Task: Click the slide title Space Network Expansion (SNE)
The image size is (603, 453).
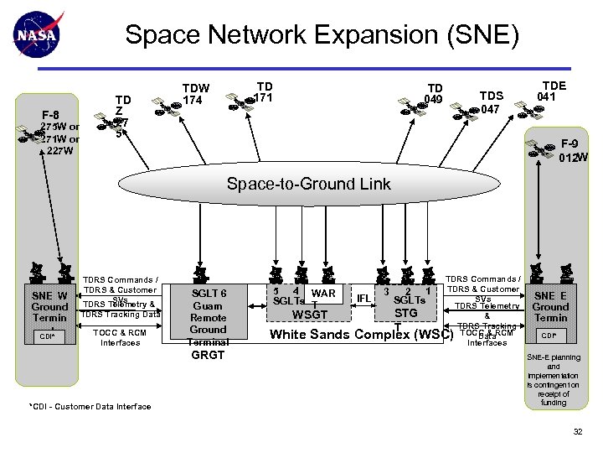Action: coord(322,35)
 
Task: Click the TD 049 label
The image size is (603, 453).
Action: coord(435,93)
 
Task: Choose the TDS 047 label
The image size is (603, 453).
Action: coord(490,102)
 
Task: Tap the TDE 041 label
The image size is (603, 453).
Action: coord(554,90)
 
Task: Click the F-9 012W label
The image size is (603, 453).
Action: coord(574,150)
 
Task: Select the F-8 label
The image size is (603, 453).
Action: coord(51,115)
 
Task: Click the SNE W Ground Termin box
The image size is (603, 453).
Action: coord(49,306)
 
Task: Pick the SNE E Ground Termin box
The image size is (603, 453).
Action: coord(551,306)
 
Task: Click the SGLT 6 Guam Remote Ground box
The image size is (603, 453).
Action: coord(209,312)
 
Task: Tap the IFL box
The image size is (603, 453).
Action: coord(363,298)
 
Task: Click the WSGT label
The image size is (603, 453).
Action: coord(310,315)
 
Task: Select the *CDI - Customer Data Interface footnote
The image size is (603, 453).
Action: coord(90,406)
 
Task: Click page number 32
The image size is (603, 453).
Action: coord(576,431)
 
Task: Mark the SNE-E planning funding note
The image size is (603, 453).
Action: coord(554,379)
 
